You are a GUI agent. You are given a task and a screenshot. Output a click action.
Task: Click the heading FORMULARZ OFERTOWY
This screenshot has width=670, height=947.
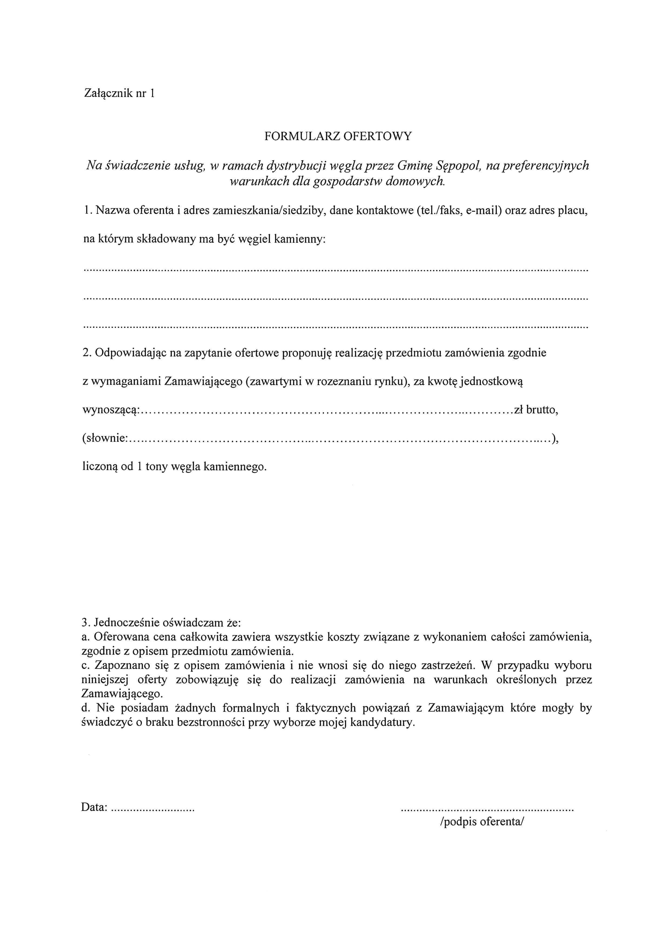338,137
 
